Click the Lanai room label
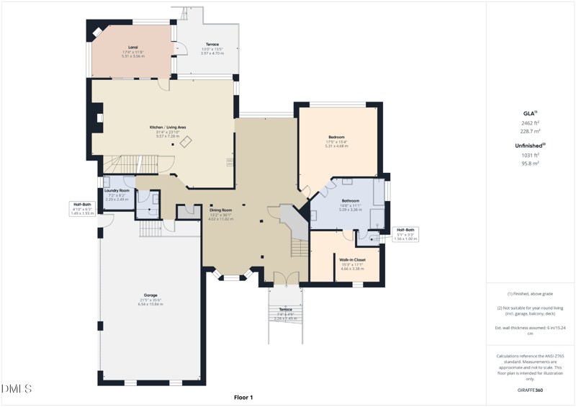click(x=132, y=48)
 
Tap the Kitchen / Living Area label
click(x=167, y=128)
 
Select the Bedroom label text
click(x=336, y=137)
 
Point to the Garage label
click(x=150, y=295)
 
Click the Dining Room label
click(x=221, y=210)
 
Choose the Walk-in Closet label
click(x=352, y=259)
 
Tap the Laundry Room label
click(x=116, y=190)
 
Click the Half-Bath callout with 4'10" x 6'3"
click(x=82, y=205)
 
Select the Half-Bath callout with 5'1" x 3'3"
click(x=406, y=231)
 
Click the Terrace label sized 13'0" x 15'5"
click(x=212, y=45)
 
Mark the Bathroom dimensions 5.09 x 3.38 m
click(x=351, y=210)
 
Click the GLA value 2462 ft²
click(x=530, y=123)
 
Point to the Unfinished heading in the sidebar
click(x=528, y=146)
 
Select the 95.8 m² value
click(x=530, y=164)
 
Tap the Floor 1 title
click(x=243, y=397)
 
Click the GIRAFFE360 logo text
click(x=530, y=390)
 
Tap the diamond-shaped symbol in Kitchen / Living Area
click(x=186, y=142)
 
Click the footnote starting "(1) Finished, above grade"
click(x=529, y=294)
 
